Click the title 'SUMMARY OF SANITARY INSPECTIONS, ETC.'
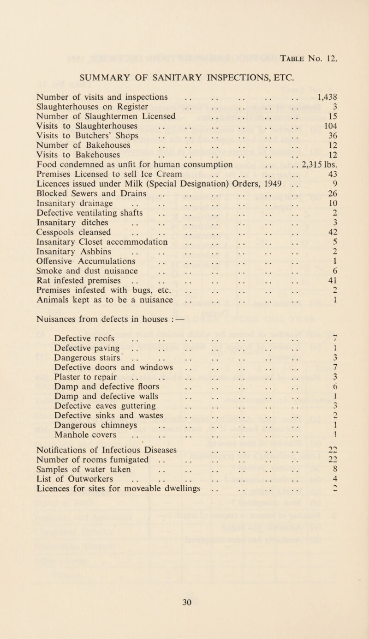(x=183, y=62)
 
